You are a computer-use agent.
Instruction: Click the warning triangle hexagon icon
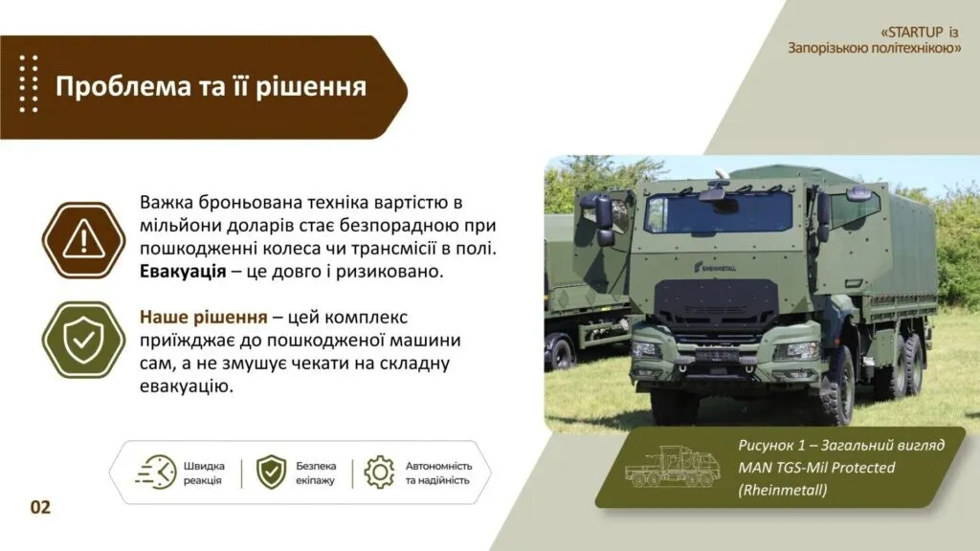click(84, 240)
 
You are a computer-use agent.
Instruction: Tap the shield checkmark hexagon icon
click(84, 340)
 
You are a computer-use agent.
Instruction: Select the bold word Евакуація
click(183, 272)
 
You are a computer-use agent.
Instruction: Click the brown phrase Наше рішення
click(203, 318)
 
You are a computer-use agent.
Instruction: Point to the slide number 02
click(40, 507)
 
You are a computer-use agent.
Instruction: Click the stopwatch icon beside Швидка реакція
click(156, 473)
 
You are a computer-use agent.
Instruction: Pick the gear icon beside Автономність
click(379, 473)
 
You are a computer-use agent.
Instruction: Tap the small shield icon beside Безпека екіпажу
click(271, 473)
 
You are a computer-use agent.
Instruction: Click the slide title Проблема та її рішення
click(211, 86)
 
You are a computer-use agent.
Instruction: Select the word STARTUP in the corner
click(915, 32)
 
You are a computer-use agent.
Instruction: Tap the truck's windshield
click(718, 210)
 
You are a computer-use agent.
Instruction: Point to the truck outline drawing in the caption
click(672, 466)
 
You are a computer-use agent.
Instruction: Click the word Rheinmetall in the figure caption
click(783, 490)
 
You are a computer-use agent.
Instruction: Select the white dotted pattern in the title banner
click(28, 84)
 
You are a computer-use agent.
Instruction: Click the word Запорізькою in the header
click(826, 48)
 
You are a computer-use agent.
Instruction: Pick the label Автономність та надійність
click(438, 473)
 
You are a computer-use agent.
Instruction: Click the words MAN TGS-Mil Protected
click(816, 467)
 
